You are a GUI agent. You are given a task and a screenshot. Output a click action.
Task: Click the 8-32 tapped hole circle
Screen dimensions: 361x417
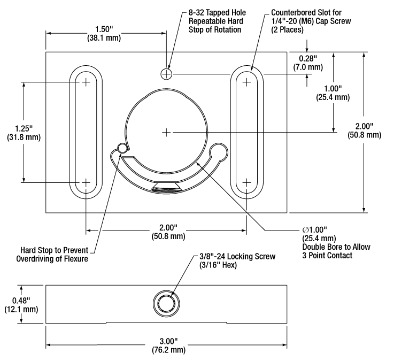[x=167, y=73]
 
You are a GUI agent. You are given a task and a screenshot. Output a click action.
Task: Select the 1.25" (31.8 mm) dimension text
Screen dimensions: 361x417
[x=23, y=133]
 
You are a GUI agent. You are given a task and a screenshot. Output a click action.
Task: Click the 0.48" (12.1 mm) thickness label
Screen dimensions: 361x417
[x=20, y=304]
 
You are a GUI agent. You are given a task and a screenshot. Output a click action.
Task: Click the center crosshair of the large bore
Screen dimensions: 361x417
[x=167, y=131]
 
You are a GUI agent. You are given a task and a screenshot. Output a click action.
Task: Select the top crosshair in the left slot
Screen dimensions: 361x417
[x=86, y=82]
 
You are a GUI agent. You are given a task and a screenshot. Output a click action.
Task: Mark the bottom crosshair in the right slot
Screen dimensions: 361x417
[x=246, y=183]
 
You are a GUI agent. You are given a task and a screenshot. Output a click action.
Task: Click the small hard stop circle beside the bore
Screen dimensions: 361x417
[x=122, y=148]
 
